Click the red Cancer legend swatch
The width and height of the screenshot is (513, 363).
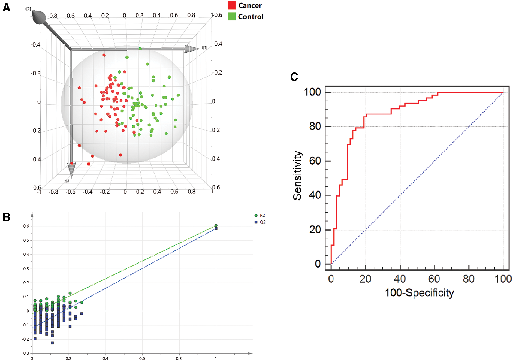pyautogui.click(x=231, y=5)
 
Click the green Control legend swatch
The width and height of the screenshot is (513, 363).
pyautogui.click(x=231, y=16)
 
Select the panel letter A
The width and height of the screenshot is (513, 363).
pyautogui.click(x=6, y=7)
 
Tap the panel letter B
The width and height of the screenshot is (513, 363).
pyautogui.click(x=6, y=217)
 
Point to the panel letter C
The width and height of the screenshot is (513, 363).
pyautogui.click(x=294, y=77)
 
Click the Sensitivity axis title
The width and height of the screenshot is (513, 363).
pyautogui.click(x=297, y=176)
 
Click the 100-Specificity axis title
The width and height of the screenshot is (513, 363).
pyautogui.click(x=419, y=293)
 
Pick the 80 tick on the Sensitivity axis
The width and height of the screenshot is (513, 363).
pyautogui.click(x=315, y=126)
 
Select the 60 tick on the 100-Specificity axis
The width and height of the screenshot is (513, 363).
pyautogui.click(x=434, y=279)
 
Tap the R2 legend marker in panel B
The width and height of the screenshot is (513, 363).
pyautogui.click(x=256, y=216)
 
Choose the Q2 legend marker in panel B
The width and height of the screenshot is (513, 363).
pyautogui.click(x=256, y=222)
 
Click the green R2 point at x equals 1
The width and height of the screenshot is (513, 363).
pyautogui.click(x=216, y=225)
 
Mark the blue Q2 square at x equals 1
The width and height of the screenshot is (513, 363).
pyautogui.click(x=216, y=228)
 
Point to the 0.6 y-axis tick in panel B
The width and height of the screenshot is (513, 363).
pyautogui.click(x=26, y=226)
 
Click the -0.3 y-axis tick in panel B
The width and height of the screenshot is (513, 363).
pyautogui.click(x=26, y=353)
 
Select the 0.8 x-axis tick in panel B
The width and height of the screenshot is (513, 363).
pyautogui.click(x=179, y=358)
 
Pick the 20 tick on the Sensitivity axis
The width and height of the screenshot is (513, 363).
pyautogui.click(x=315, y=230)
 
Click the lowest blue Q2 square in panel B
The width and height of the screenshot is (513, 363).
pyautogui.click(x=52, y=343)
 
